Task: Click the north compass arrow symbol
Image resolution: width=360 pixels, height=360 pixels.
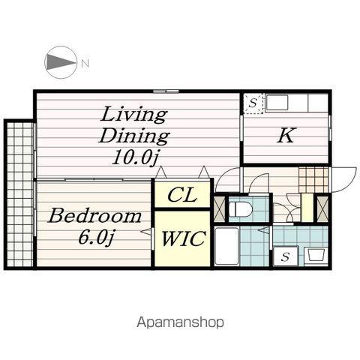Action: (61, 62)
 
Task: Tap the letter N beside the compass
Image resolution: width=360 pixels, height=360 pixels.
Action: (85, 63)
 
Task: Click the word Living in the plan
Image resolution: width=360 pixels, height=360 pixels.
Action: (133, 115)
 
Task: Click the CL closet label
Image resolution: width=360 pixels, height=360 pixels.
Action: (182, 195)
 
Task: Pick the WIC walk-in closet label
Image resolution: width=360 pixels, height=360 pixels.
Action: (183, 238)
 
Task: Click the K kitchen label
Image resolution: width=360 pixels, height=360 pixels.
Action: (286, 135)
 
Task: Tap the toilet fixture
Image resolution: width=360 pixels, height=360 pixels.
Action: (240, 209)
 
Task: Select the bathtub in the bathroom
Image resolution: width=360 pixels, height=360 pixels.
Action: (226, 246)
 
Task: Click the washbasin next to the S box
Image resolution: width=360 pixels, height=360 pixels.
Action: (316, 256)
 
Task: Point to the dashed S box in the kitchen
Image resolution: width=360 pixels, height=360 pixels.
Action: (253, 103)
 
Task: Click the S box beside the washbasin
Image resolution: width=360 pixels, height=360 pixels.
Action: (286, 256)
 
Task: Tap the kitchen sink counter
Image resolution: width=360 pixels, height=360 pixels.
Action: (297, 103)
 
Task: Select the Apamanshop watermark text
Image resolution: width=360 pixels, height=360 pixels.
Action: (180, 322)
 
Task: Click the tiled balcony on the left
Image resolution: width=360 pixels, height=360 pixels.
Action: (20, 194)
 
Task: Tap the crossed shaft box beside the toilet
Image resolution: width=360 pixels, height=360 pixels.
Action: (220, 209)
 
